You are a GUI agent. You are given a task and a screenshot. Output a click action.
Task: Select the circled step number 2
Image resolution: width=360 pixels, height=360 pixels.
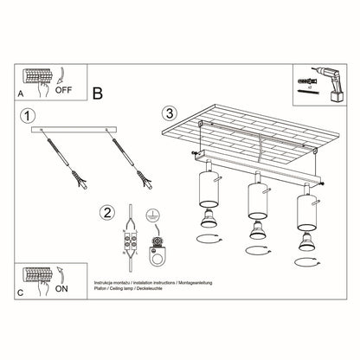(x=106, y=212)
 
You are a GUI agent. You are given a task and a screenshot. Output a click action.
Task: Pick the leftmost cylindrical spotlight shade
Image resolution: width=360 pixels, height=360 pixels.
(x=209, y=191)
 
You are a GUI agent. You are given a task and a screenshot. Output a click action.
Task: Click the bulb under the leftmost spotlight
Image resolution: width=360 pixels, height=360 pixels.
(x=209, y=219)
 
